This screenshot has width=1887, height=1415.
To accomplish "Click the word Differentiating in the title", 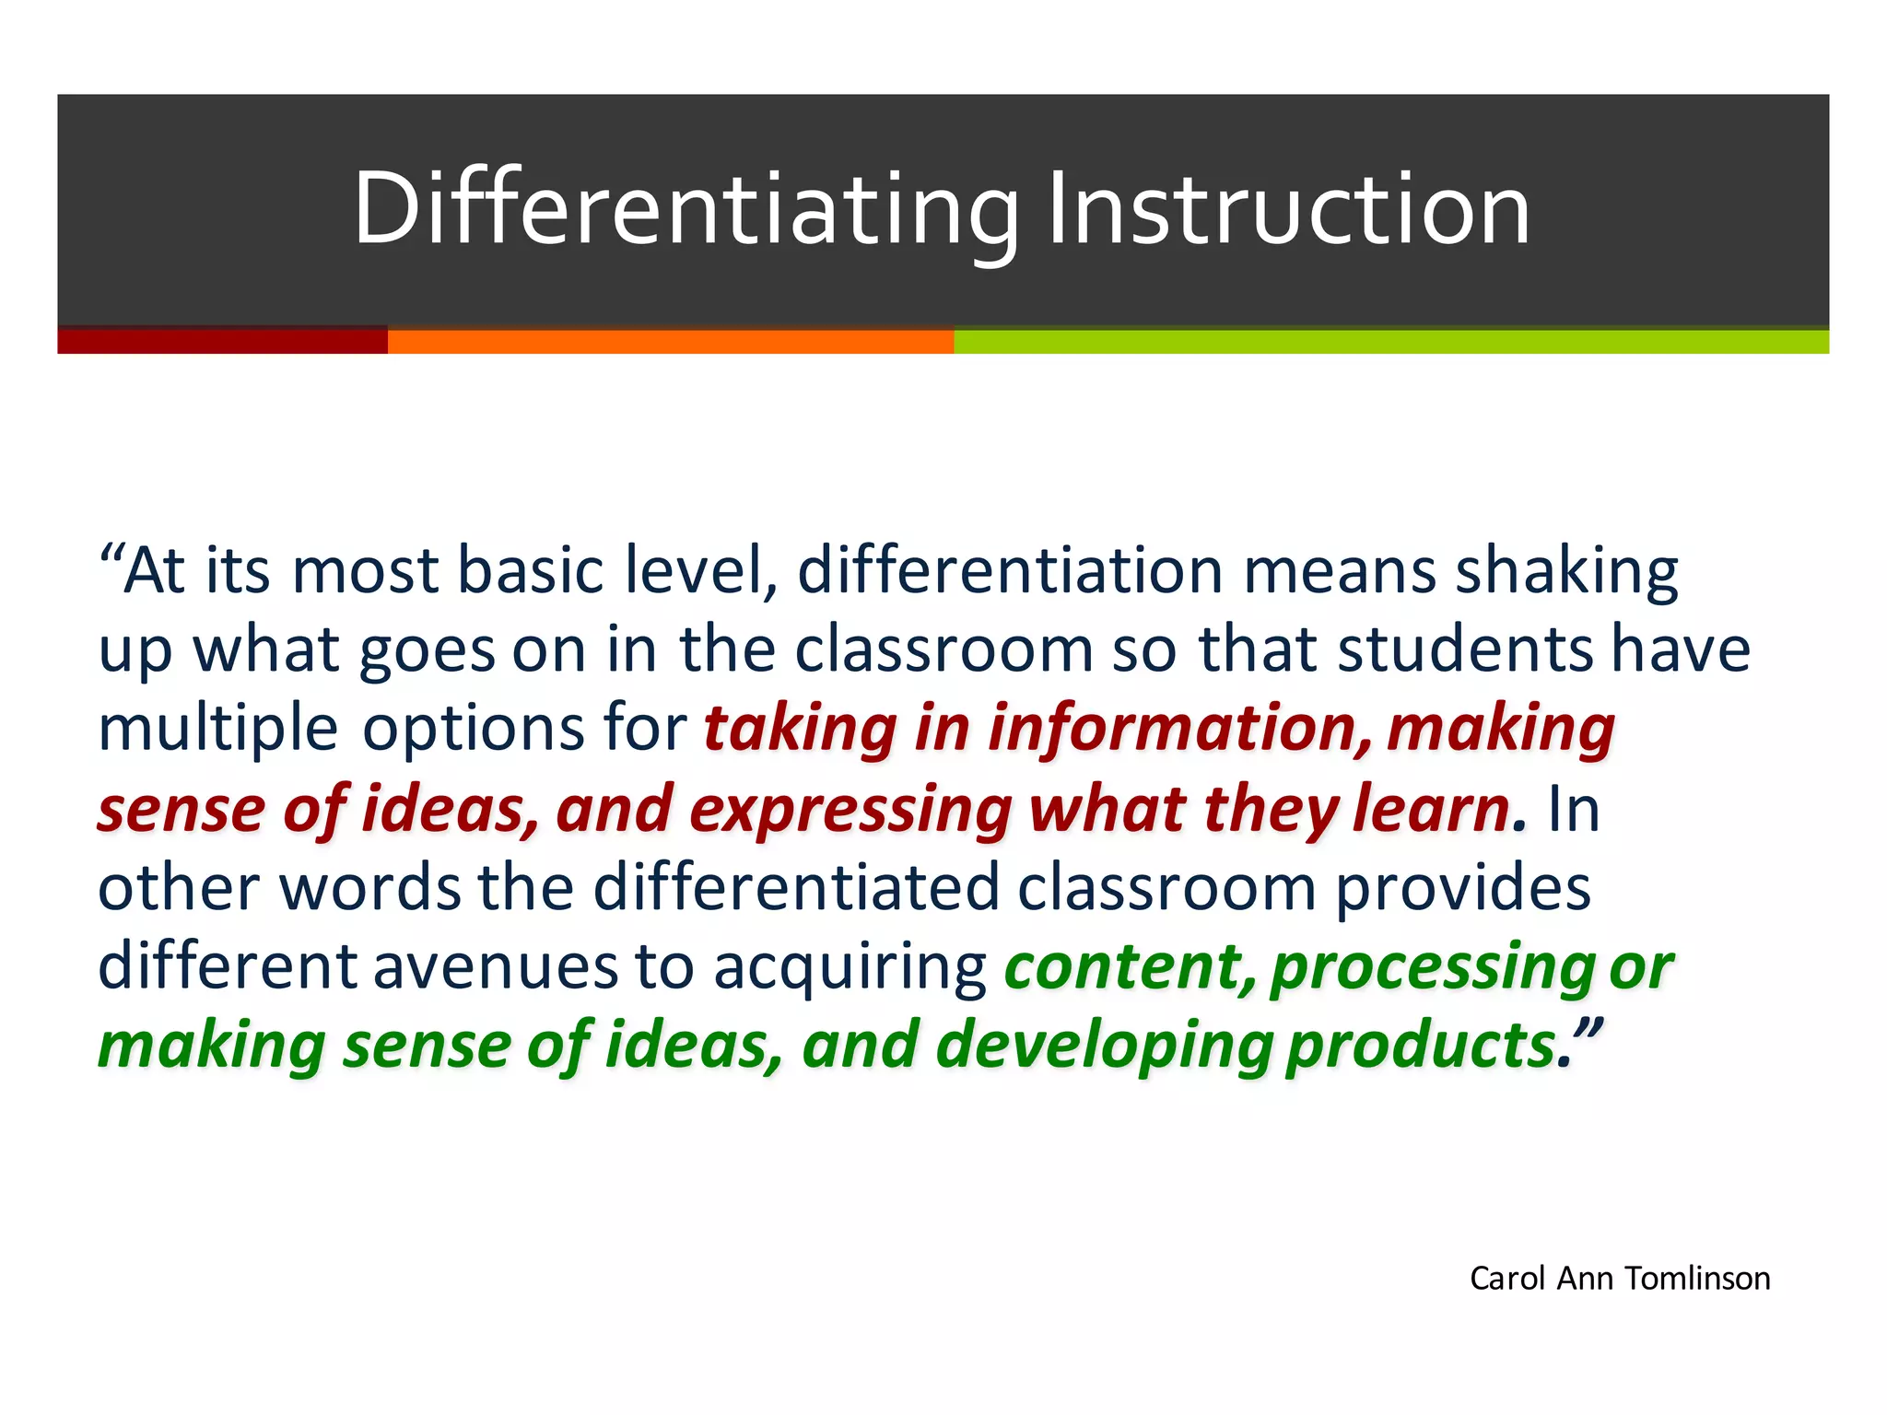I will (x=686, y=210).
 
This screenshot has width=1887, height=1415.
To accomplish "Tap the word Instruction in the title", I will (x=1289, y=210).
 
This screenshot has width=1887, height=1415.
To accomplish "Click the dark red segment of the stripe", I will (x=222, y=341).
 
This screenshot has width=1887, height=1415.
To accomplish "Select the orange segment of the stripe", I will (x=670, y=341).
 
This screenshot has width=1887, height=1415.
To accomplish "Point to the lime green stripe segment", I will (x=1390, y=341).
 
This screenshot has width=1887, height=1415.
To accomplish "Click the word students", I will (x=1465, y=650).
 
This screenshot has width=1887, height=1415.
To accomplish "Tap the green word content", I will (x=1130, y=967).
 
